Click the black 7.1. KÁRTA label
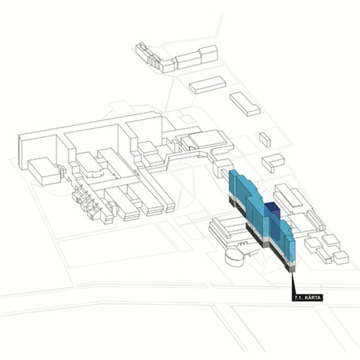(x=307, y=298)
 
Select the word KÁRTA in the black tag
(x=314, y=298)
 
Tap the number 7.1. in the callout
(x=299, y=298)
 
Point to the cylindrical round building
(x=235, y=257)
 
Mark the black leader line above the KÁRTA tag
(x=293, y=284)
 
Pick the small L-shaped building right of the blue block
(x=273, y=162)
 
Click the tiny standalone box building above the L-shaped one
(x=265, y=139)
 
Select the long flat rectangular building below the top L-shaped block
(x=208, y=85)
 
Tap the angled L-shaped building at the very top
(x=176, y=58)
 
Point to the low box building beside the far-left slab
(x=44, y=171)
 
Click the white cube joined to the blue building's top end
(x=223, y=169)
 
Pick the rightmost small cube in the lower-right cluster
(x=341, y=258)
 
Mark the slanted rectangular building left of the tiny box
(x=245, y=104)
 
